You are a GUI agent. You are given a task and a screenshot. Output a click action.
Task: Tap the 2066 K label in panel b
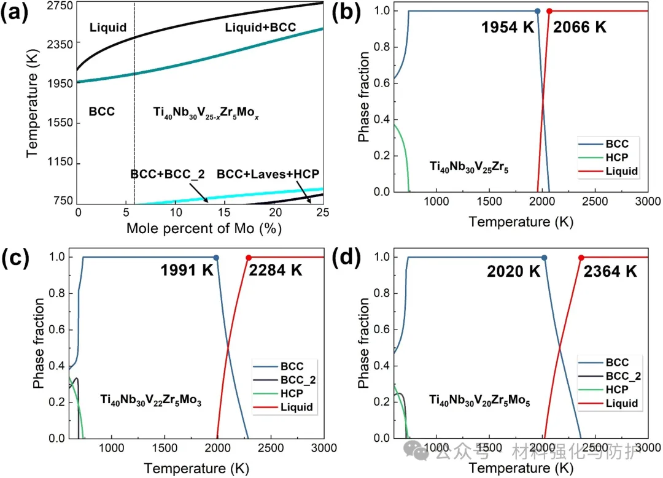(x=580, y=27)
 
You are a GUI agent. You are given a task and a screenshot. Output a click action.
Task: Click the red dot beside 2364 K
(x=581, y=258)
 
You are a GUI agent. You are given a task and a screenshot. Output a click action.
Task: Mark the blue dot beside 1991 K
(x=216, y=258)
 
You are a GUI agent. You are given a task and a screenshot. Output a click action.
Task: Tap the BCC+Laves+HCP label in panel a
(x=268, y=174)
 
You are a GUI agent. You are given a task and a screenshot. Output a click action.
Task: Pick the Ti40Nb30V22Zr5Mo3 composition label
(x=152, y=400)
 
